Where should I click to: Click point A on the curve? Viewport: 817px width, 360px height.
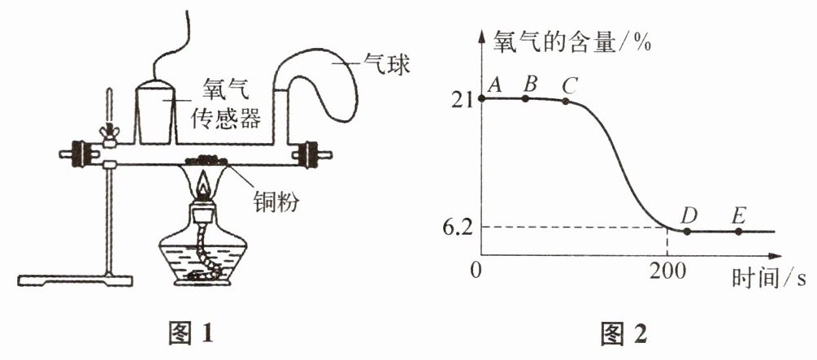pyautogui.click(x=482, y=98)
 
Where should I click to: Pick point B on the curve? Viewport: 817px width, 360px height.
pyautogui.click(x=526, y=98)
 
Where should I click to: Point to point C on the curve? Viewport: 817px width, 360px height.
pyautogui.click(x=566, y=101)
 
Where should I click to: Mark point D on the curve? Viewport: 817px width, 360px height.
pyautogui.click(x=687, y=232)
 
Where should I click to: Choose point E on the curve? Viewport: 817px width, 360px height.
pyautogui.click(x=738, y=232)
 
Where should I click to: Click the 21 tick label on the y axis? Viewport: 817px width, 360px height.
pyautogui.click(x=462, y=99)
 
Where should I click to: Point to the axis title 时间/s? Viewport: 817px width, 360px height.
pyautogui.click(x=768, y=276)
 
